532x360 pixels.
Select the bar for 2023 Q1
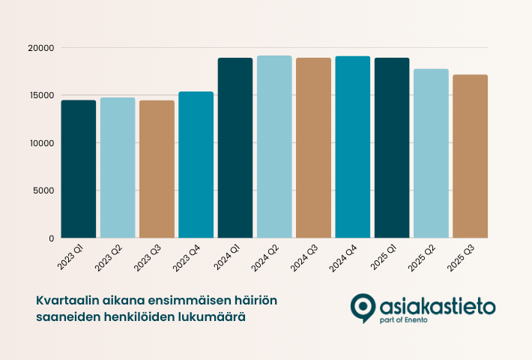coord(79,169)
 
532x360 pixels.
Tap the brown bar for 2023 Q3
coord(157,169)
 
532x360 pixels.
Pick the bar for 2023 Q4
coord(196,165)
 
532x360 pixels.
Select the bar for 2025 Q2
coord(431,153)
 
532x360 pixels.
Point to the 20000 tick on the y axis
coord(42,48)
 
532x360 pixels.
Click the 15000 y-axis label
coord(42,95)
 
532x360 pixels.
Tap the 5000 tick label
coord(44,190)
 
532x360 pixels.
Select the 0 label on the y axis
coord(52,238)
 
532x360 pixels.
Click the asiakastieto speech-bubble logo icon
coord(362,307)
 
